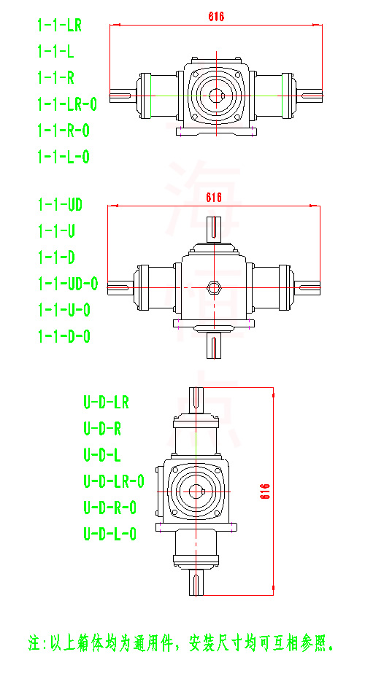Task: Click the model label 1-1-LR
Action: tap(59, 26)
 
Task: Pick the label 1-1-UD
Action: tap(60, 205)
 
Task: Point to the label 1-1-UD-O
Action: tap(67, 284)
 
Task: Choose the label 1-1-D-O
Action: tap(64, 336)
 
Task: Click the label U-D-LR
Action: tap(106, 402)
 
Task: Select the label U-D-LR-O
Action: tap(114, 481)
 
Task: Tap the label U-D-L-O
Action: tap(110, 534)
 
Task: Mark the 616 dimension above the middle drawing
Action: tap(214, 198)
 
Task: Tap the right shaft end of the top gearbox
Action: tap(311, 95)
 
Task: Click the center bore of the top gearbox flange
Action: tap(215, 95)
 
